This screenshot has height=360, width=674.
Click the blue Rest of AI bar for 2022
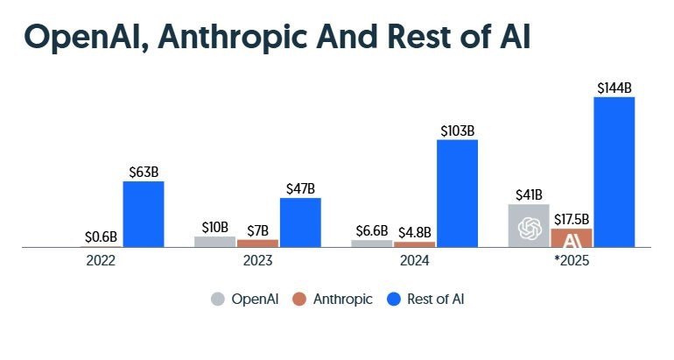[x=143, y=215]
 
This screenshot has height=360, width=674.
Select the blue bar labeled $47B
[x=300, y=222]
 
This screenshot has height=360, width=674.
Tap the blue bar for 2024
[x=457, y=194]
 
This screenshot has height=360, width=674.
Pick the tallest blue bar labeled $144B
[x=614, y=172]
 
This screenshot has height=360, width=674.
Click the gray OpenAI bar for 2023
[x=214, y=242]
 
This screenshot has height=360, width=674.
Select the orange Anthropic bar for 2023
[x=257, y=244]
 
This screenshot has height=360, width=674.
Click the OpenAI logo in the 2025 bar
[x=529, y=228]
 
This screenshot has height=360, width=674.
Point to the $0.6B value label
[x=101, y=236]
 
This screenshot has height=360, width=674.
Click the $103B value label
[x=457, y=131]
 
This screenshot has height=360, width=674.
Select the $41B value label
[x=529, y=194]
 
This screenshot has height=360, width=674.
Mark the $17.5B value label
[x=572, y=218]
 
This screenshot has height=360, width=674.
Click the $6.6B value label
[x=372, y=230]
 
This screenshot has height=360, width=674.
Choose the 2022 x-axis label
[x=101, y=261]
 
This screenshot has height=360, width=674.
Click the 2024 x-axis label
[x=415, y=261]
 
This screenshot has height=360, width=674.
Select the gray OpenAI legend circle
[x=217, y=300]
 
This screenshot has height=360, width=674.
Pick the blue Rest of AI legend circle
[x=393, y=300]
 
